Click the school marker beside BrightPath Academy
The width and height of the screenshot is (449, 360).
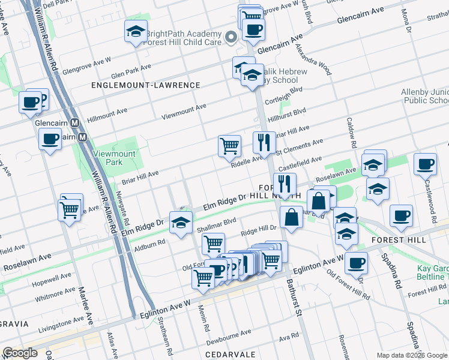(136, 31)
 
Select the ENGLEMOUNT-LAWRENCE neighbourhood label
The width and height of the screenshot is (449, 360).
(145, 85)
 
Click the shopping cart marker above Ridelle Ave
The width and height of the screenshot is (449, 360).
(229, 145)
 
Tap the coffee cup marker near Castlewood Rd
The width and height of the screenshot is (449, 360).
(425, 164)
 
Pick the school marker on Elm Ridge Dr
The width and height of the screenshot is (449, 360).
(180, 223)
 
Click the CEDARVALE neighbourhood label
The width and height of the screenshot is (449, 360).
(230, 355)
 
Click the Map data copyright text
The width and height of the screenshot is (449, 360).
(411, 355)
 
